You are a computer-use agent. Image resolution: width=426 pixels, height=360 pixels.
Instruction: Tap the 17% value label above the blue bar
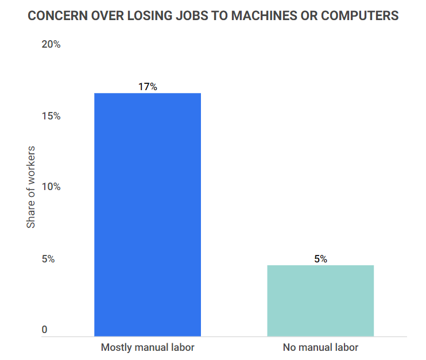(x=148, y=87)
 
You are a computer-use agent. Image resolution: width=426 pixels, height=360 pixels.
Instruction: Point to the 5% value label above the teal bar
(x=320, y=259)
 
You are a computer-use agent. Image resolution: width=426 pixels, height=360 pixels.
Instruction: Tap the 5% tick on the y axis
(x=49, y=259)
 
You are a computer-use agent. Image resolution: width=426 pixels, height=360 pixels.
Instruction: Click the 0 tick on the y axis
(x=45, y=330)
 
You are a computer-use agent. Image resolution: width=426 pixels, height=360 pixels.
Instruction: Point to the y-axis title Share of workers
(x=31, y=187)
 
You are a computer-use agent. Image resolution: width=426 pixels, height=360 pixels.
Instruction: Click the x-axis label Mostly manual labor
(x=148, y=347)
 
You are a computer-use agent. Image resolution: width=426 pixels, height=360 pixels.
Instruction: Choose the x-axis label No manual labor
(x=320, y=347)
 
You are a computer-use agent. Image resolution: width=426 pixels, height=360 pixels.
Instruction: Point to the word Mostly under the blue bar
(x=117, y=347)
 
